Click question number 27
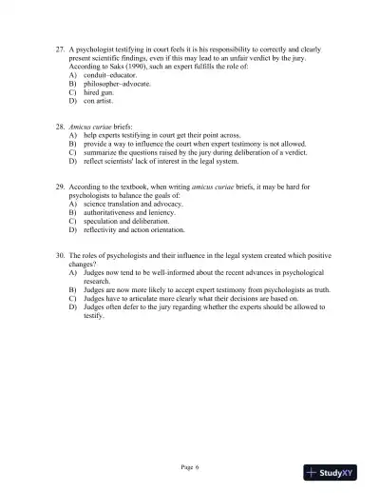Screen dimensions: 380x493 (x=60, y=46)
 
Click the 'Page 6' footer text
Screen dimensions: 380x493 (x=190, y=466)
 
